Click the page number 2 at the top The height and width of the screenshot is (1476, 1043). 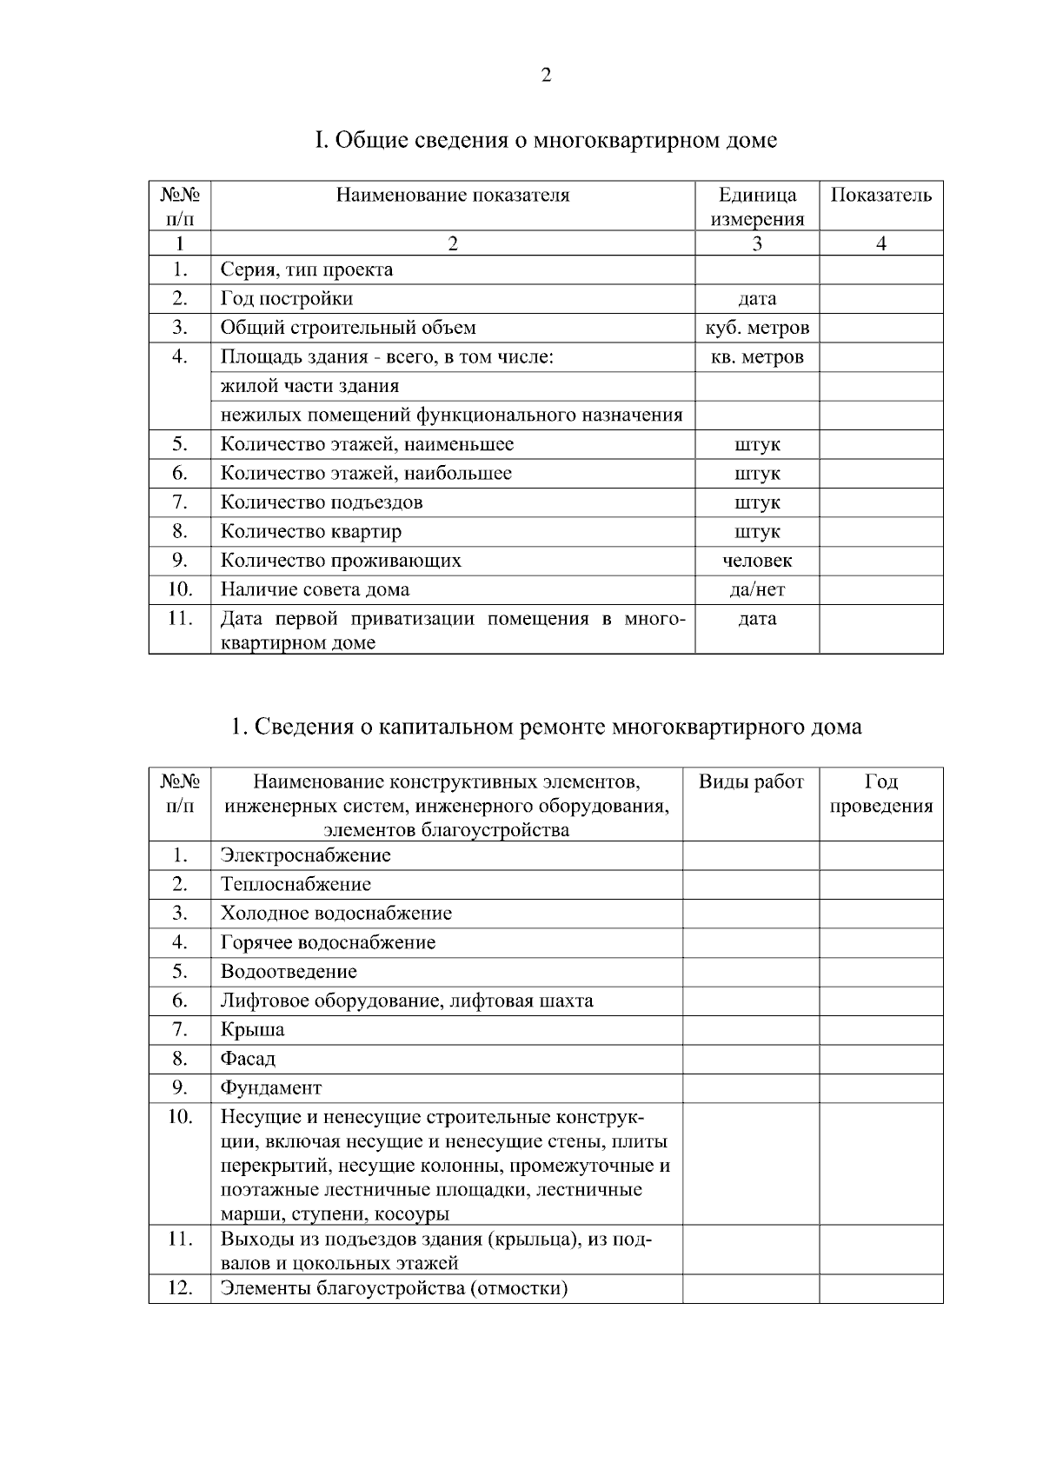click(x=546, y=76)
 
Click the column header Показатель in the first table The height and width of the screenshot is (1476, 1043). click(x=880, y=195)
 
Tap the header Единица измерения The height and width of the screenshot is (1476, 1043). click(x=756, y=207)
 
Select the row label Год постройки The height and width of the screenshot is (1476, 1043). click(x=286, y=299)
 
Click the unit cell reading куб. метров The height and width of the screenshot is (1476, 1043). click(x=756, y=328)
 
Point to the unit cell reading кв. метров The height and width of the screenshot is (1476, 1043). click(x=756, y=357)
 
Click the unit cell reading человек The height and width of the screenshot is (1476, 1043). click(x=756, y=561)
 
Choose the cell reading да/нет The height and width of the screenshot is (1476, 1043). click(x=756, y=589)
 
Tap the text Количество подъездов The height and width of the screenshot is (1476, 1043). click(x=322, y=502)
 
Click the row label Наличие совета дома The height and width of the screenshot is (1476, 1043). click(x=315, y=589)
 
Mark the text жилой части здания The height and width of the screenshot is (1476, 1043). click(x=309, y=386)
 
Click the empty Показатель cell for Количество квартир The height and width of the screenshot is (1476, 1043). click(x=880, y=531)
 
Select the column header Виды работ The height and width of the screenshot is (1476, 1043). click(x=751, y=781)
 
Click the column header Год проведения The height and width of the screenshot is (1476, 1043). click(x=880, y=794)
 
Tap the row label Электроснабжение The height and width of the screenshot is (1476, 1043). click(x=305, y=855)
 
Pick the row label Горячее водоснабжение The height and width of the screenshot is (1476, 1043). click(x=328, y=942)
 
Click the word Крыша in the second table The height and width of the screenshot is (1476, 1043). click(x=252, y=1030)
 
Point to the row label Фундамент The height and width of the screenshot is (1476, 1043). click(x=270, y=1088)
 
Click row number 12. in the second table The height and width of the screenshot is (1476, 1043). click(x=179, y=1288)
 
